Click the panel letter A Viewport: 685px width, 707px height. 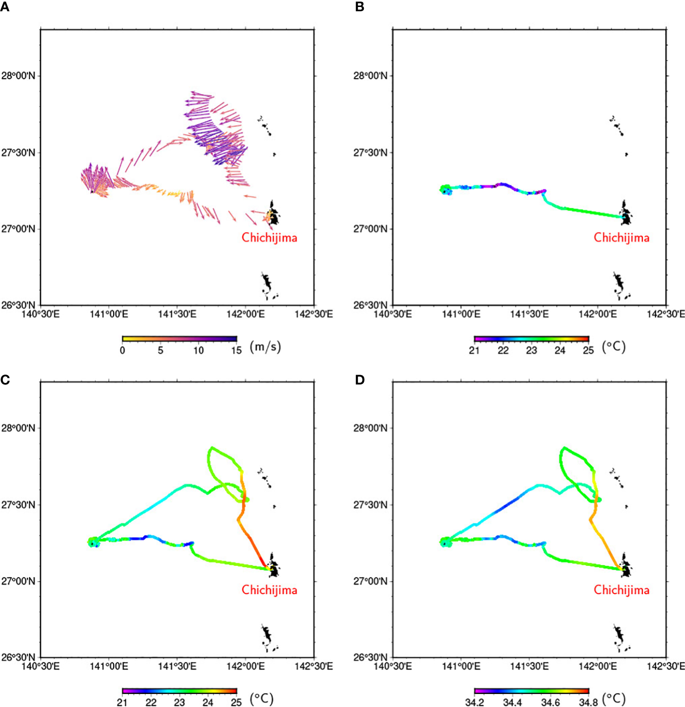5,7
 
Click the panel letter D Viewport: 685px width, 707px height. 359,380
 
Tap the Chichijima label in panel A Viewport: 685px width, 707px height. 269,238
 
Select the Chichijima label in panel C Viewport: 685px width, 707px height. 269,590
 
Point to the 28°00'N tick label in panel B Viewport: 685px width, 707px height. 370,76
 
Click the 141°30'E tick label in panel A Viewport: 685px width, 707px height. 177,314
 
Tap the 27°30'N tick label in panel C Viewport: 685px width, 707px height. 18,505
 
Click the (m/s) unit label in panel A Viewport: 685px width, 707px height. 265,347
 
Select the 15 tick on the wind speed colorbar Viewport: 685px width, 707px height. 237,350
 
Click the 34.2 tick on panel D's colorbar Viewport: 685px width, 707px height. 474,702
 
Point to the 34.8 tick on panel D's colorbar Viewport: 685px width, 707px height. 588,702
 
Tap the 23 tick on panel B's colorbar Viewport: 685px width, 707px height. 531,350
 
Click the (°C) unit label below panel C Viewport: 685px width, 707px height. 262,699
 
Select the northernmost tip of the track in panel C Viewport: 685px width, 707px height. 212,447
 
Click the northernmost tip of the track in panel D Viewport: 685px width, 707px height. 564,447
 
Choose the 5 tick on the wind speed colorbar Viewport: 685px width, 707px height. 160,350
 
